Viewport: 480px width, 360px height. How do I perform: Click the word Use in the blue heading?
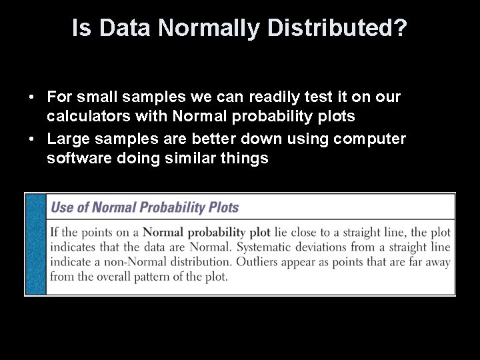coord(62,207)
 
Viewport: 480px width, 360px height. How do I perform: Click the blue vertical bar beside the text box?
coord(35,244)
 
